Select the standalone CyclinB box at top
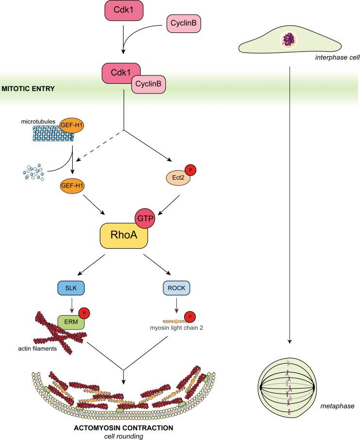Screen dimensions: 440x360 point(182,23)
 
